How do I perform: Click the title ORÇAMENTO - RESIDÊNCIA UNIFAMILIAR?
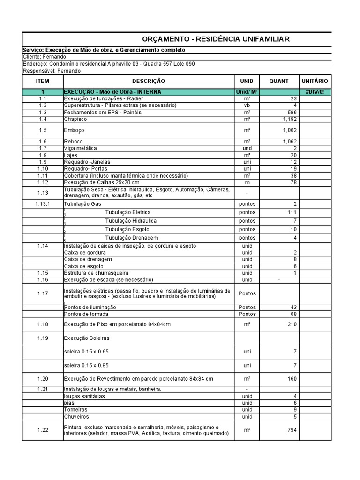tap(216, 39)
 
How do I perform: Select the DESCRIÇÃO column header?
tap(149, 81)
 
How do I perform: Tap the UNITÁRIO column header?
tap(315, 81)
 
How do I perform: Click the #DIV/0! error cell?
tap(315, 92)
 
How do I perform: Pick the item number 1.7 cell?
tap(43, 148)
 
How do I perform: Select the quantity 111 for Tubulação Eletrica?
tap(291, 212)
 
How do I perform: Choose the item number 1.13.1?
tap(43, 204)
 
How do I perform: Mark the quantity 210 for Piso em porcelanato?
tap(291, 324)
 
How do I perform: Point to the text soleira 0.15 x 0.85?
tap(89, 365)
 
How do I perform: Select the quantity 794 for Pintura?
tap(291, 430)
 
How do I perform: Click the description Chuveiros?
tap(76, 416)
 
